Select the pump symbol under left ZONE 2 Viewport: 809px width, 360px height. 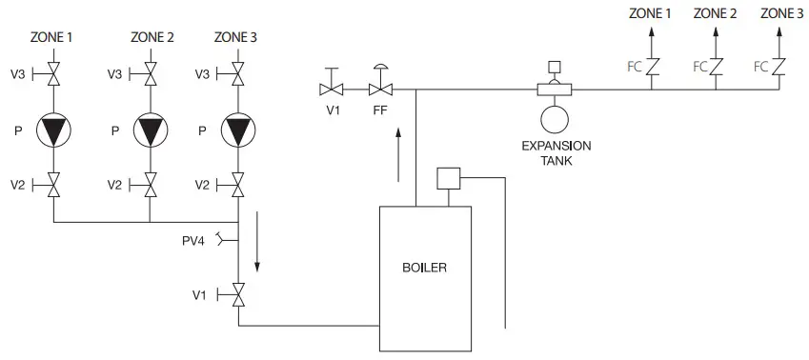(150, 130)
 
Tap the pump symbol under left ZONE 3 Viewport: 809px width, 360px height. (238, 130)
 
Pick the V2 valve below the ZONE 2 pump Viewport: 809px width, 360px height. (150, 185)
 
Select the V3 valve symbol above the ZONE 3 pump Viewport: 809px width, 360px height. (238, 74)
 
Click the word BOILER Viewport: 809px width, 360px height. (424, 268)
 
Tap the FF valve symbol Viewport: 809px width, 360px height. (381, 89)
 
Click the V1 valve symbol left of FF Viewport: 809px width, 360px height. (333, 89)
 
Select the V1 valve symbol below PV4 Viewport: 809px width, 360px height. (238, 295)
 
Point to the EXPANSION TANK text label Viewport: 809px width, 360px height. (556, 152)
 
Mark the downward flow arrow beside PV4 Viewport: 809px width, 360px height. (257, 250)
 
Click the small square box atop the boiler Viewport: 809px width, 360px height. (447, 178)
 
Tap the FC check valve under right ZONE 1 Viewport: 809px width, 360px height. (652, 67)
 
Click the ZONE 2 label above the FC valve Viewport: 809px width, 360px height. (715, 13)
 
